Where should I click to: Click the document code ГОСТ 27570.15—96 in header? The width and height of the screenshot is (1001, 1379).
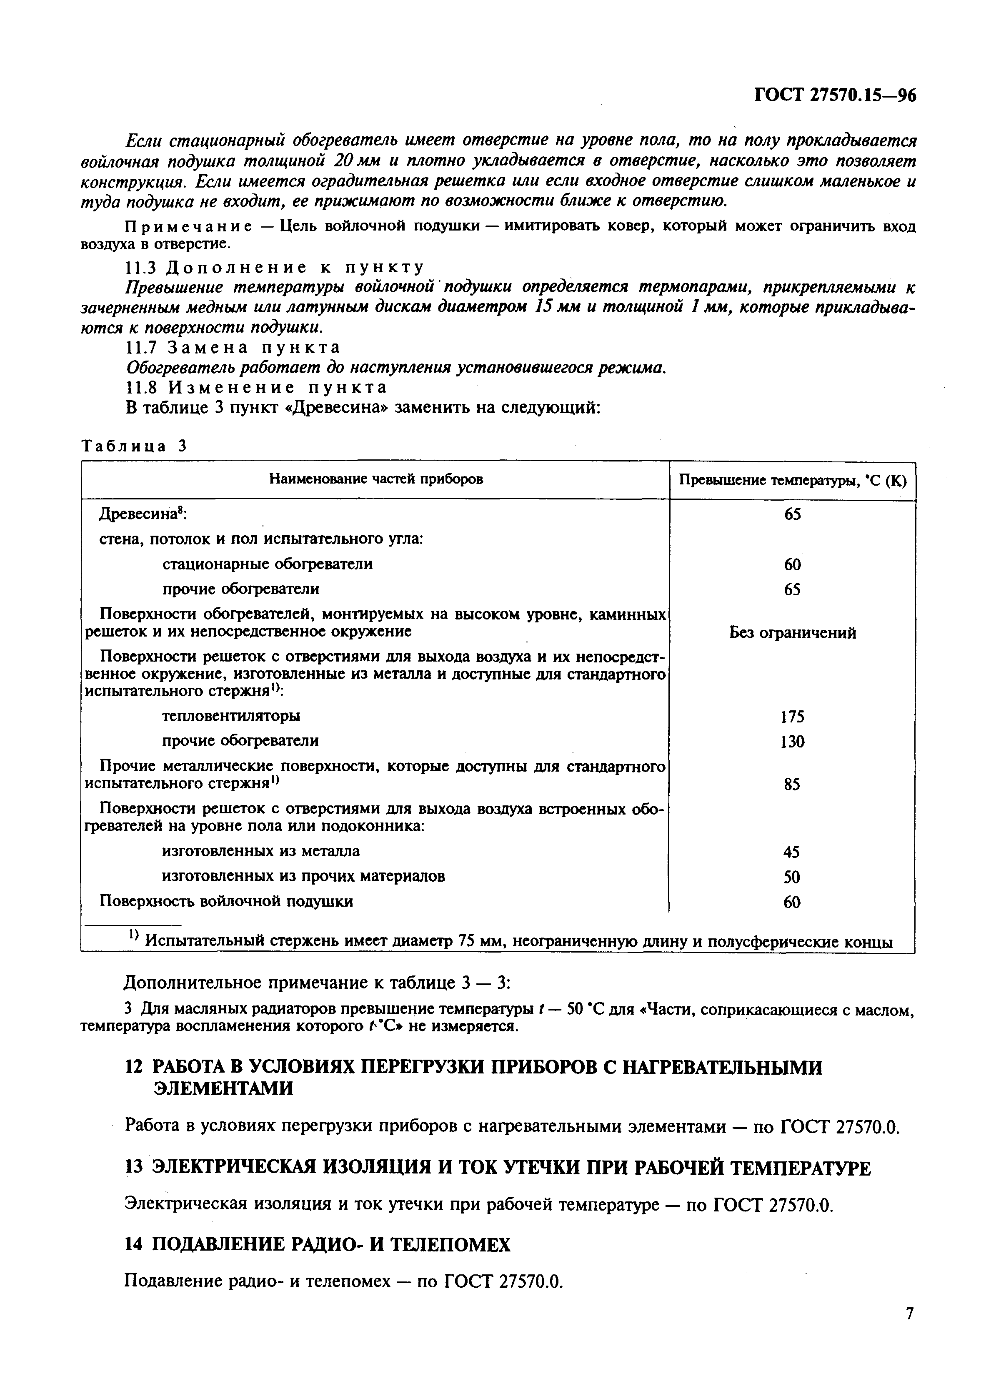[834, 96]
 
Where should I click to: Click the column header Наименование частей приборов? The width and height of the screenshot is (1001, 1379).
[375, 480]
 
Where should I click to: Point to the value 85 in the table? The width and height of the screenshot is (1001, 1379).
[792, 785]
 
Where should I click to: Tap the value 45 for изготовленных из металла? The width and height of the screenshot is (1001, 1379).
[792, 852]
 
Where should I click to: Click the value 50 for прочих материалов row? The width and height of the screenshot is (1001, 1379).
[792, 877]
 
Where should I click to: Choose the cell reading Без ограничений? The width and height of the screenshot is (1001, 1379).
[792, 633]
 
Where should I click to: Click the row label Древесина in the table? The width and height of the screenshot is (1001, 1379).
[142, 514]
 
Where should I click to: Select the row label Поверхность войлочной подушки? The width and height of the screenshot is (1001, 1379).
[226, 901]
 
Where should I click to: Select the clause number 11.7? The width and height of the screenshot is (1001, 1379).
[141, 348]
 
